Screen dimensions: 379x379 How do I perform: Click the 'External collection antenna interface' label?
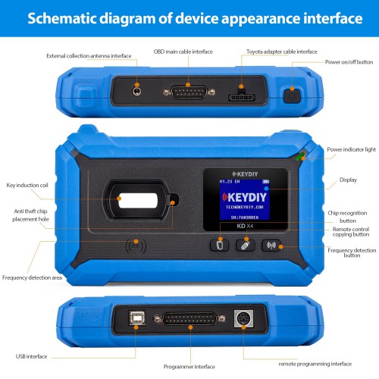[89, 55]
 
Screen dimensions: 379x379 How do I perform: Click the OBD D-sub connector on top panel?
[180, 92]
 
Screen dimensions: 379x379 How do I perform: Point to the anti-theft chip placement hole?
[174, 201]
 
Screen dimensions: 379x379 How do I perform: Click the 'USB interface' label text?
[33, 355]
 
